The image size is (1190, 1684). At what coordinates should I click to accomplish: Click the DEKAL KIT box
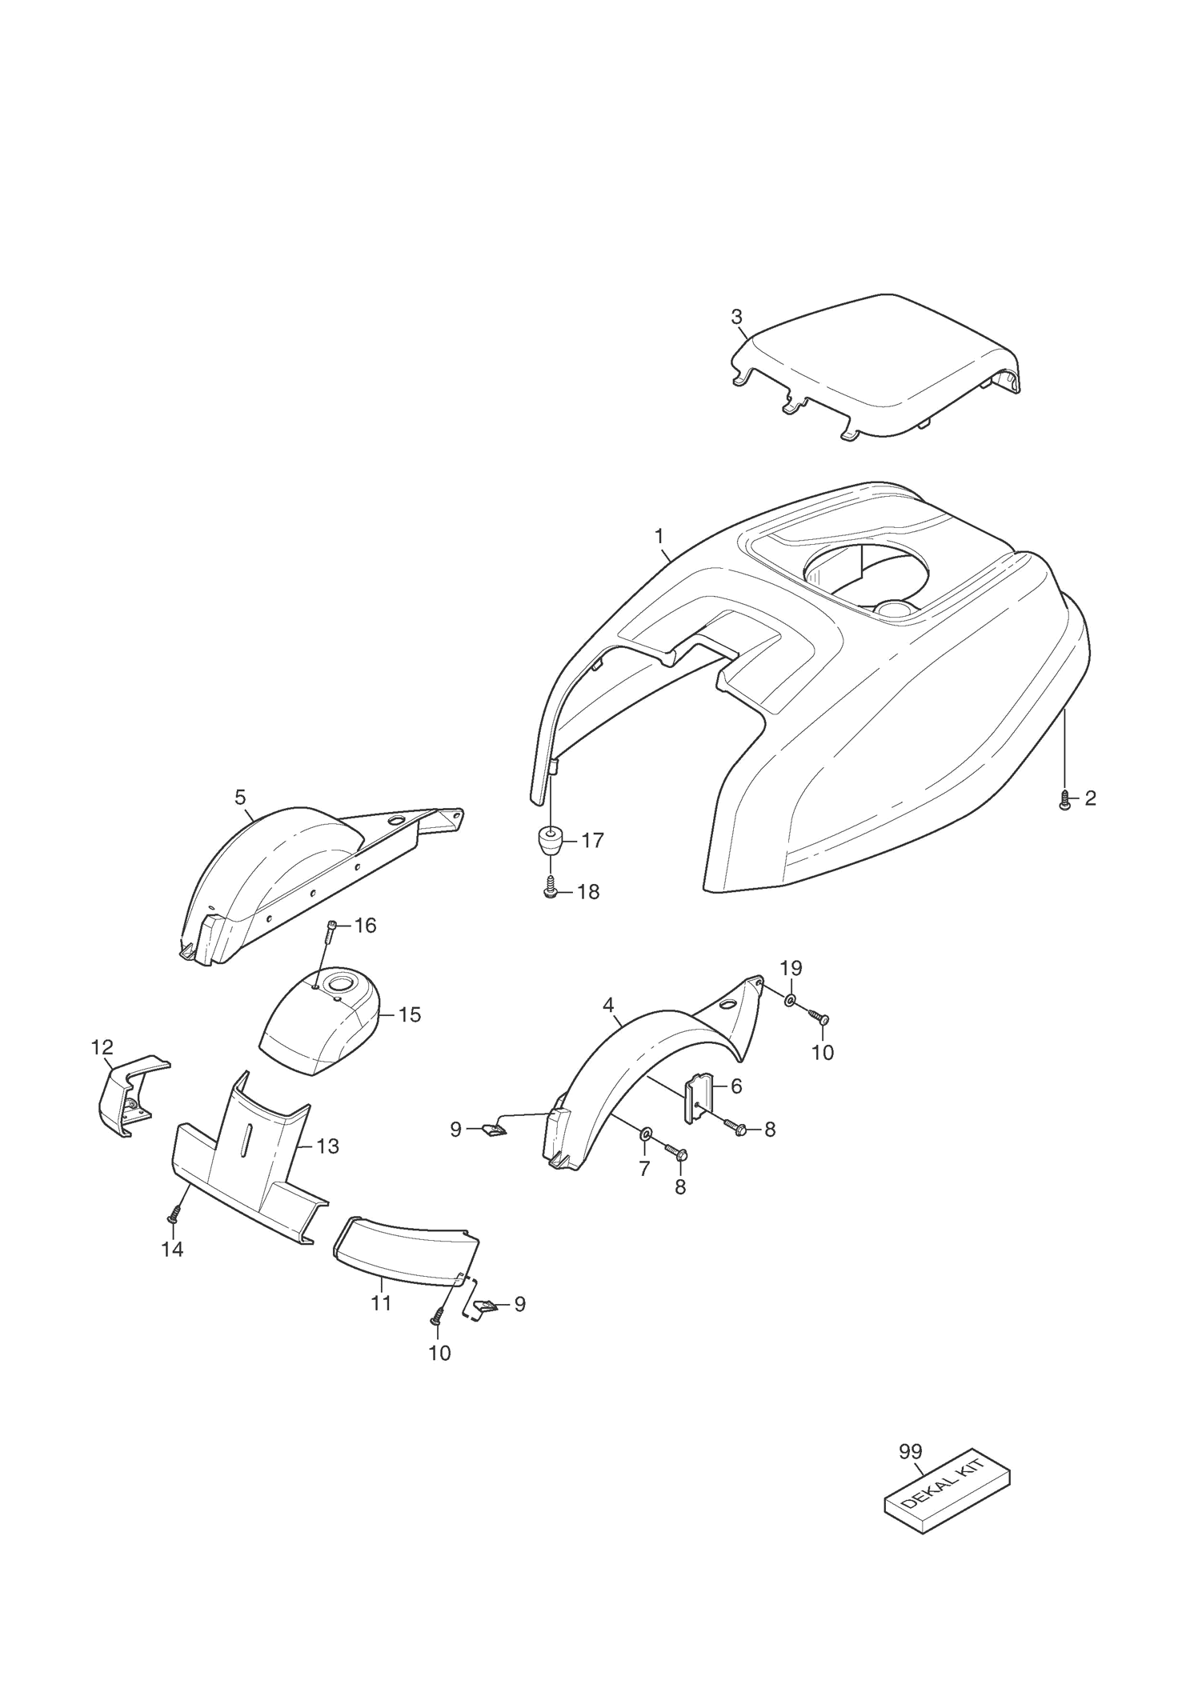point(946,1490)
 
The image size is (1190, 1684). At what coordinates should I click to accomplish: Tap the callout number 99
point(910,1452)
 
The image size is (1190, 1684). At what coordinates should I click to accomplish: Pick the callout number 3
point(737,317)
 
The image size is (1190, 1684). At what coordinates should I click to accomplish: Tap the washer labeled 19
point(790,1001)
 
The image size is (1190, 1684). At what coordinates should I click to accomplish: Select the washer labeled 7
point(645,1134)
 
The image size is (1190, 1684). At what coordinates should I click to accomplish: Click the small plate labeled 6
point(697,1097)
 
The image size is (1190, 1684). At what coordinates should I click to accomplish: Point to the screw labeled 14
point(172,1219)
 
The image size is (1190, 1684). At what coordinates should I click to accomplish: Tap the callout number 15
point(409,1014)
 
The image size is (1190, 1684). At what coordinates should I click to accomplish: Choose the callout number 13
point(327,1146)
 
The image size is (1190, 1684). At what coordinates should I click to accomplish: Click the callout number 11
point(381,1303)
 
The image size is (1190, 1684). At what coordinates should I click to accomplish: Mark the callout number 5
point(240,797)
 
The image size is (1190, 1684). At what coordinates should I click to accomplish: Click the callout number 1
point(659,534)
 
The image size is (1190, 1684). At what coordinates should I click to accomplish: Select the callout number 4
point(608,1003)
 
